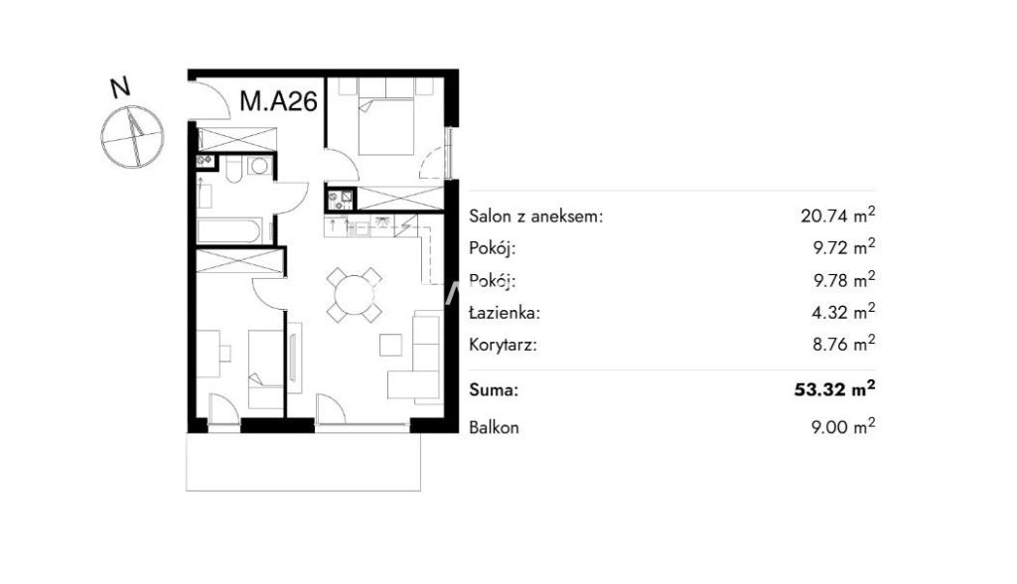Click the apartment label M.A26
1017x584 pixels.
pyautogui.click(x=278, y=101)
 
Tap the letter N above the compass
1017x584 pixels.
pyautogui.click(x=120, y=87)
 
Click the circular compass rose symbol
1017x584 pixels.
pyautogui.click(x=132, y=138)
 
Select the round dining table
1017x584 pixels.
pyautogui.click(x=355, y=295)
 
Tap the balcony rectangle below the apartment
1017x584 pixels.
pyautogui.click(x=304, y=462)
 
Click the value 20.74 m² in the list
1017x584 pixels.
pyautogui.click(x=838, y=215)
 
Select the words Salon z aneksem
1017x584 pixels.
pyautogui.click(x=535, y=217)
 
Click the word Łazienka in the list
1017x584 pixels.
pyautogui.click(x=505, y=313)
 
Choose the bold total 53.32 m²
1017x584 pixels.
pyautogui.click(x=834, y=388)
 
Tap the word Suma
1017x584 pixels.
pyautogui.click(x=494, y=390)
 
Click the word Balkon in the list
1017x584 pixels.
pyautogui.click(x=494, y=428)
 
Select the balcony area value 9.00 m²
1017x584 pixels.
pyautogui.click(x=843, y=427)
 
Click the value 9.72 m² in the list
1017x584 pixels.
pyautogui.click(x=844, y=246)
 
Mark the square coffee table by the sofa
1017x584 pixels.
pyautogui.click(x=390, y=345)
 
